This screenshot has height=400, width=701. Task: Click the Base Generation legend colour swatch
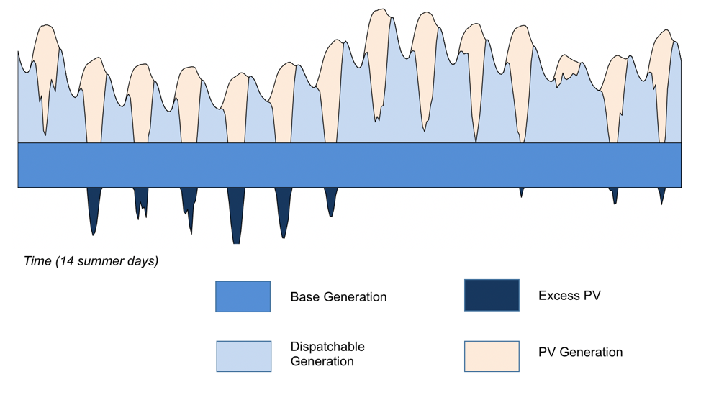click(x=243, y=296)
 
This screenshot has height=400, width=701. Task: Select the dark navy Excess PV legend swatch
click(x=492, y=295)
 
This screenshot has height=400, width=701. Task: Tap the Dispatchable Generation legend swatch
click(x=244, y=356)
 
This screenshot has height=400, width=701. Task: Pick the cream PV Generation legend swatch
click(x=492, y=356)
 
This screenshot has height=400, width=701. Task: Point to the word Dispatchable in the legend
click(x=327, y=347)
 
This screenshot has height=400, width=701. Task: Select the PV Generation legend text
click(x=580, y=353)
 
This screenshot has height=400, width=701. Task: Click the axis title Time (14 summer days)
click(x=91, y=261)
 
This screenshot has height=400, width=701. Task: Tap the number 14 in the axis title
click(x=67, y=261)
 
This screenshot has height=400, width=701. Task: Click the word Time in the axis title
click(x=38, y=261)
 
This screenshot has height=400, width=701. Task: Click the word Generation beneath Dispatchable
click(x=322, y=361)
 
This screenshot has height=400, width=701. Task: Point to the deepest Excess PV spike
click(x=237, y=243)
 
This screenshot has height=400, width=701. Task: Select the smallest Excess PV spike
click(x=521, y=196)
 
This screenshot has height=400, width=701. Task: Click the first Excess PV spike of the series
click(x=93, y=235)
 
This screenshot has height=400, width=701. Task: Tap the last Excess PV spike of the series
click(x=661, y=204)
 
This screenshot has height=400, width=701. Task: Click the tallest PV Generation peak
click(x=381, y=9)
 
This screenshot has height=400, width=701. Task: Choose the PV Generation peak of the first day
click(x=45, y=26)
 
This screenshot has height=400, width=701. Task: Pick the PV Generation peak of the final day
click(x=666, y=30)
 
